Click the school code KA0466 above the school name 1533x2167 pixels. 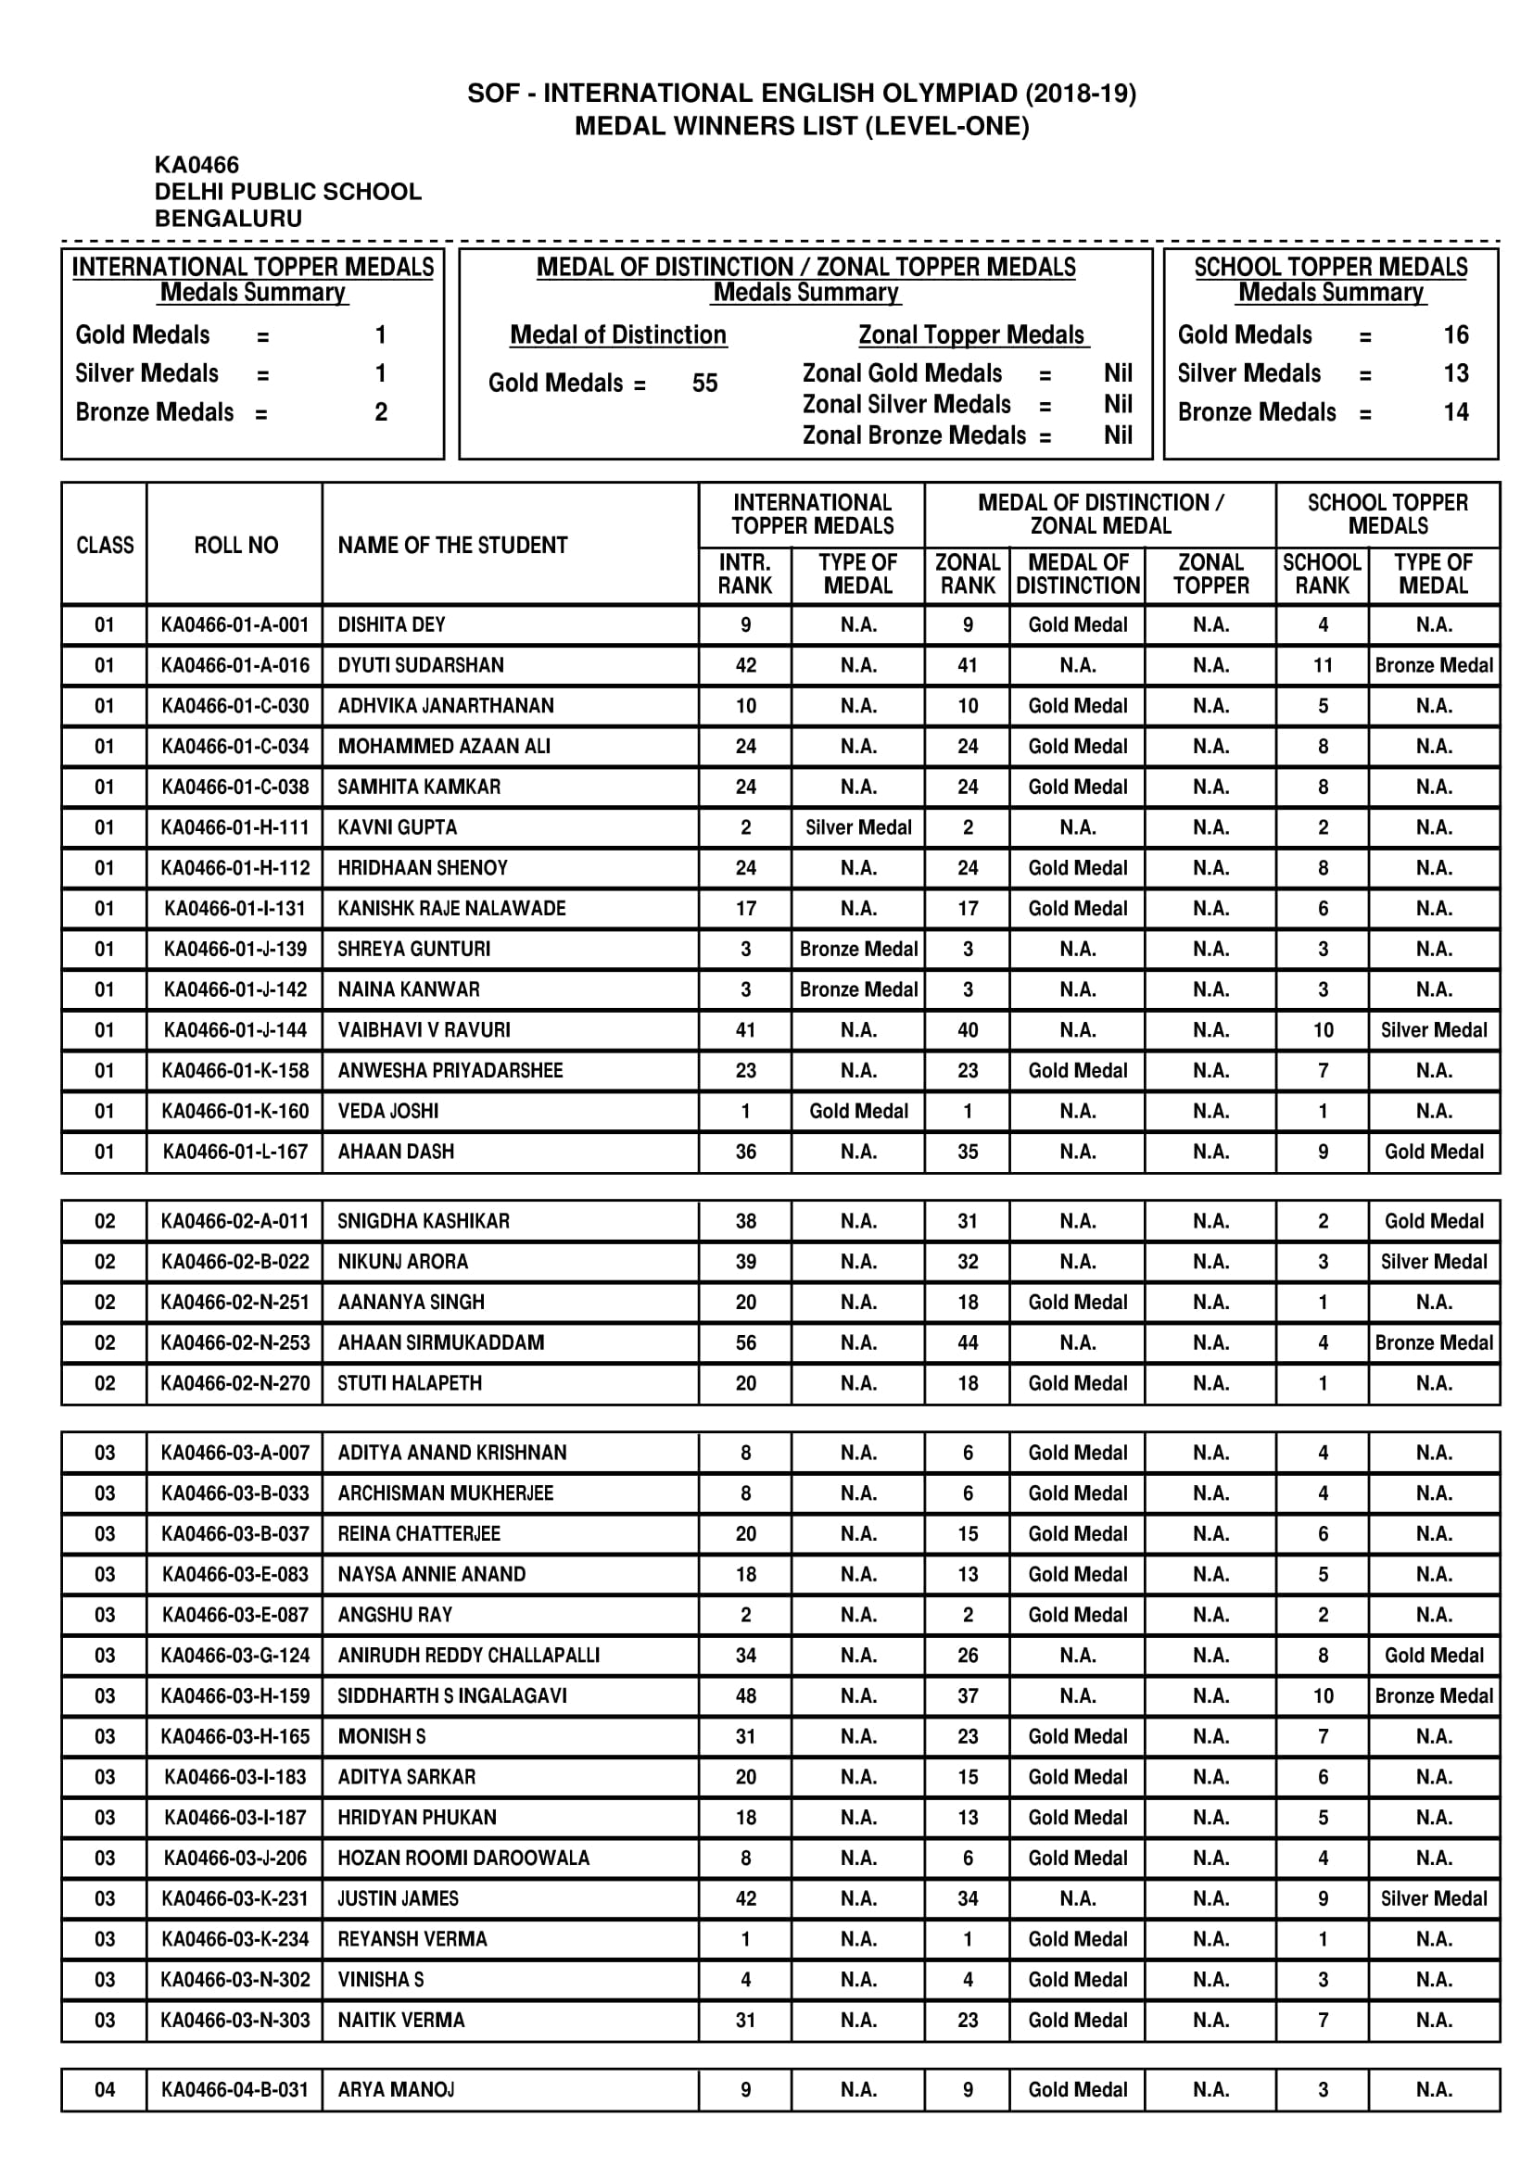(196, 165)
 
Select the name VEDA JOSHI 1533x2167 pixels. (388, 1111)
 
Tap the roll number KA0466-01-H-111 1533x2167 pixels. (235, 827)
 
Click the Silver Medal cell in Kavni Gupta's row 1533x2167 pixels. (858, 827)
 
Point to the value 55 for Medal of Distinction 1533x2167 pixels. (704, 384)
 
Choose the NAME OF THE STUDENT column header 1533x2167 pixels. (452, 546)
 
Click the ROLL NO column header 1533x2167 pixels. (236, 546)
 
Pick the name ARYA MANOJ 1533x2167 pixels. (396, 2089)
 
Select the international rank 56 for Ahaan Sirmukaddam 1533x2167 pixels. (746, 1342)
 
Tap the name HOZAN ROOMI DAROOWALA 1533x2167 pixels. (463, 1858)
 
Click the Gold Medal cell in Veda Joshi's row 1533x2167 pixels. (858, 1111)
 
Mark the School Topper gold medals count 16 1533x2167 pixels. (1455, 335)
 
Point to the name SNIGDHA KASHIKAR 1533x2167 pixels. (423, 1221)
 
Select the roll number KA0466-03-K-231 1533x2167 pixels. (235, 1898)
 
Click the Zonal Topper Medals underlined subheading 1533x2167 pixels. (972, 335)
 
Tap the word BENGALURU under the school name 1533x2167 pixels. (227, 218)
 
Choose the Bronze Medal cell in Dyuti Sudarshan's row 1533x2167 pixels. (1433, 665)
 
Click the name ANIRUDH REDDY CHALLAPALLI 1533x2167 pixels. (468, 1655)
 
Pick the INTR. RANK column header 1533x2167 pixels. (745, 573)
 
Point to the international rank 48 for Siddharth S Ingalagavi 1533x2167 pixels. (746, 1695)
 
